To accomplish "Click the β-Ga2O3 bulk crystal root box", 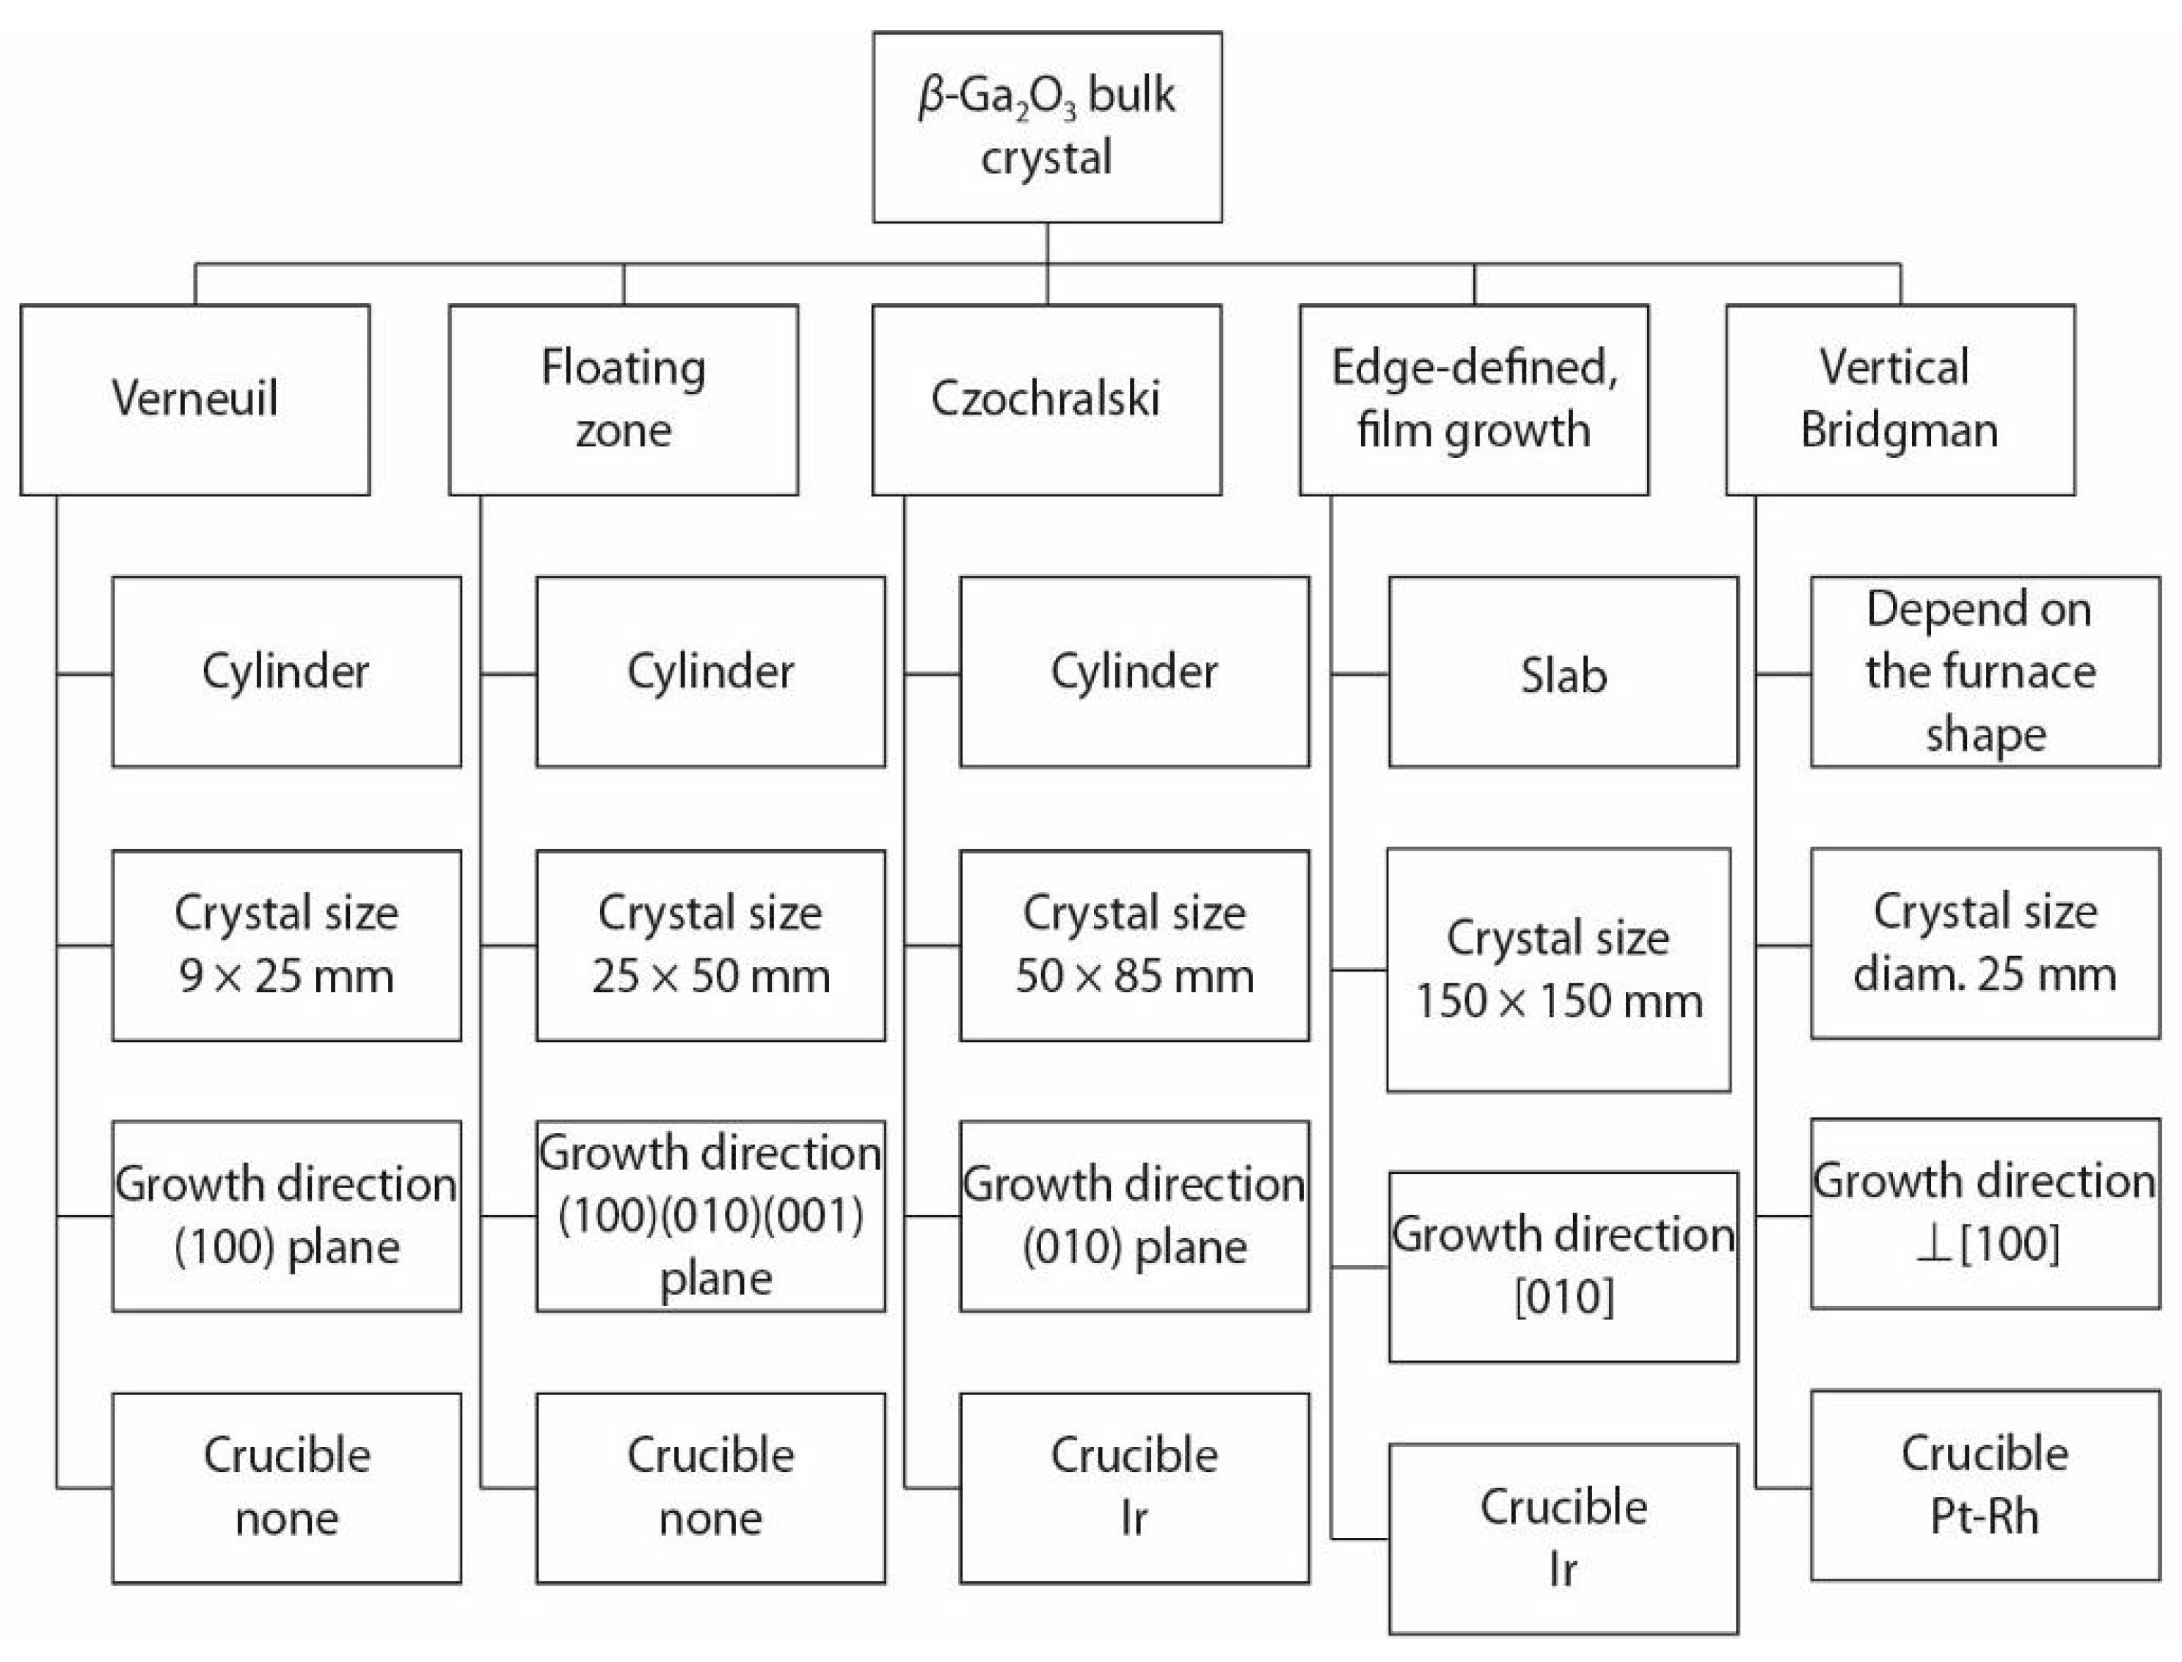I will pyautogui.click(x=1046, y=127).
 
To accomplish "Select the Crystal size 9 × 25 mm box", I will pyautogui.click(x=287, y=945).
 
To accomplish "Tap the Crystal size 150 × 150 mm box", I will pyautogui.click(x=1559, y=969).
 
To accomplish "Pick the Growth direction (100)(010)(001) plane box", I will pyautogui.click(x=710, y=1216).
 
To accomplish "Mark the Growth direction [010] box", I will pyautogui.click(x=1563, y=1266).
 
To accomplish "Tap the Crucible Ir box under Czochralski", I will pyautogui.click(x=1134, y=1488).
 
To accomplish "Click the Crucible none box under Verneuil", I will pyautogui.click(x=287, y=1488).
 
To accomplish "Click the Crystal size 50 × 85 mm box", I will pyautogui.click(x=1134, y=945).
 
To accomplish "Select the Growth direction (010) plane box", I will pyautogui.click(x=1134, y=1216).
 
